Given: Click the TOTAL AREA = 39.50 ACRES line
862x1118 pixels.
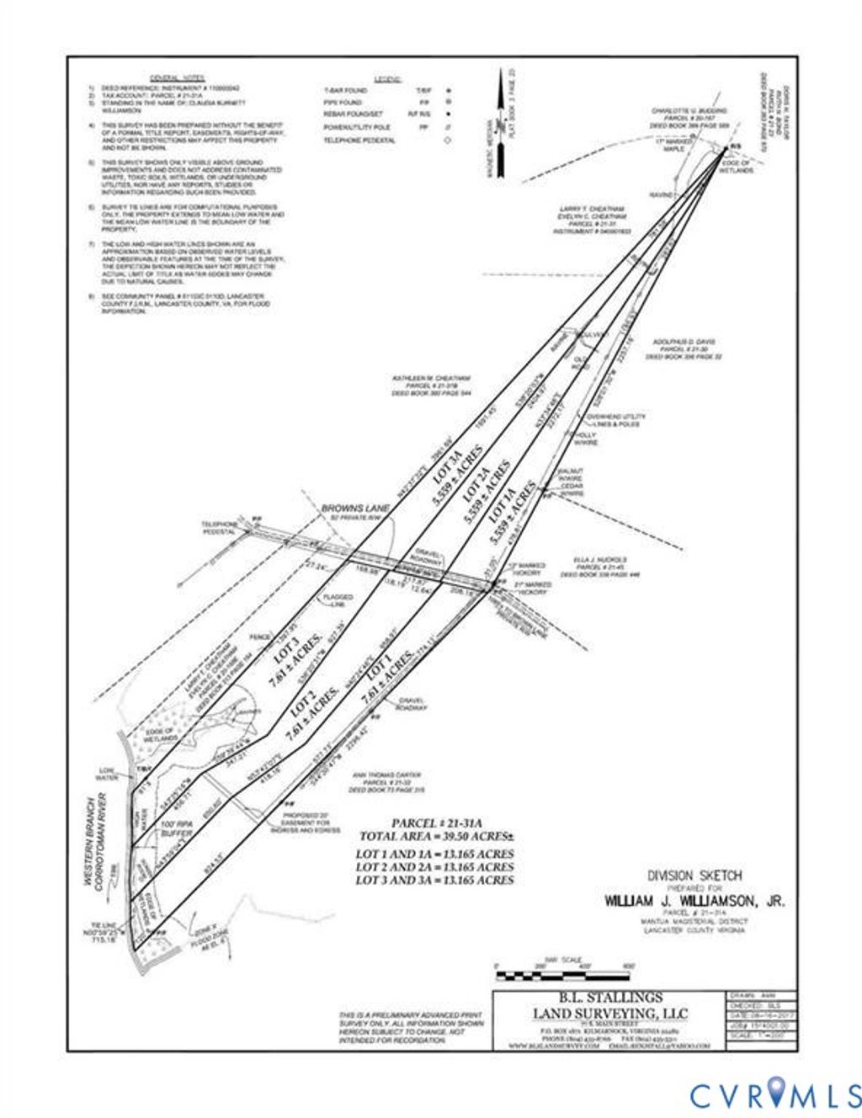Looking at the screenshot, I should [435, 836].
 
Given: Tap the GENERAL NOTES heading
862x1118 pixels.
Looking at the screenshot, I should [174, 77].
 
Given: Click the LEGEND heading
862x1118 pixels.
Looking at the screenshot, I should [388, 78].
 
